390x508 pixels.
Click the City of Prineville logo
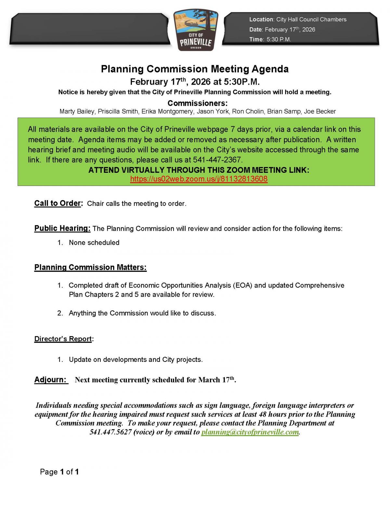pyautogui.click(x=196, y=30)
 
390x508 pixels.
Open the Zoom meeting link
pyautogui.click(x=199, y=179)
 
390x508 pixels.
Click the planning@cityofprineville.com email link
pyautogui.click(x=250, y=432)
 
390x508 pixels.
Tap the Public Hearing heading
pyautogui.click(x=62, y=228)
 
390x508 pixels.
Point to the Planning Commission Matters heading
pyautogui.click(x=90, y=268)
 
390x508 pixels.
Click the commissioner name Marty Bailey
pyautogui.click(x=77, y=111)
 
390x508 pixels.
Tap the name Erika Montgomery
pyautogui.click(x=167, y=111)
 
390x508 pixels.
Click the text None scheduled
pyautogui.click(x=94, y=243)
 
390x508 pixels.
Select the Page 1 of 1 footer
pyautogui.click(x=59, y=472)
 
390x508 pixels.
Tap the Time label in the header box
pyautogui.click(x=256, y=39)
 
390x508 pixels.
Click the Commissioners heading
pyautogui.click(x=197, y=103)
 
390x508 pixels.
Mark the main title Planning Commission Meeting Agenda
pyautogui.click(x=195, y=69)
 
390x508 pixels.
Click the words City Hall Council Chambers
pyautogui.click(x=311, y=20)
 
